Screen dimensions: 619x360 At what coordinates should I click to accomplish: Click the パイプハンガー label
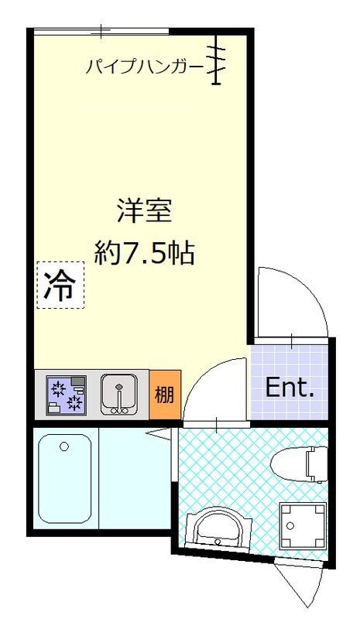[x=144, y=67]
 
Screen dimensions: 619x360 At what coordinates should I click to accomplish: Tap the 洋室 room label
[x=144, y=209]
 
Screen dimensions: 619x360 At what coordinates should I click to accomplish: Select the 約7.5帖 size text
[x=144, y=252]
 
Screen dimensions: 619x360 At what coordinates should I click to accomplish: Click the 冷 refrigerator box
[x=59, y=285]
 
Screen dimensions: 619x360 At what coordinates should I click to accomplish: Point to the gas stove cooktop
[x=66, y=395]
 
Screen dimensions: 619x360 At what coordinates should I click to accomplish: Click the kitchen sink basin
[x=118, y=392]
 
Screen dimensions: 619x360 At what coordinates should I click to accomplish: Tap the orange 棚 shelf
[x=164, y=395]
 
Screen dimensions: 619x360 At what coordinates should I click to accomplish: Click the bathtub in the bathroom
[x=66, y=480]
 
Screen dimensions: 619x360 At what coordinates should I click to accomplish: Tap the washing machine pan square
[x=302, y=525]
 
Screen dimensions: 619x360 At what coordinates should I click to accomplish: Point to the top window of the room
[x=101, y=32]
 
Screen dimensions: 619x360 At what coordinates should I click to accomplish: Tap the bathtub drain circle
[x=64, y=446]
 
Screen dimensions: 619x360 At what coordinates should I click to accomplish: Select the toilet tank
[x=314, y=463]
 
